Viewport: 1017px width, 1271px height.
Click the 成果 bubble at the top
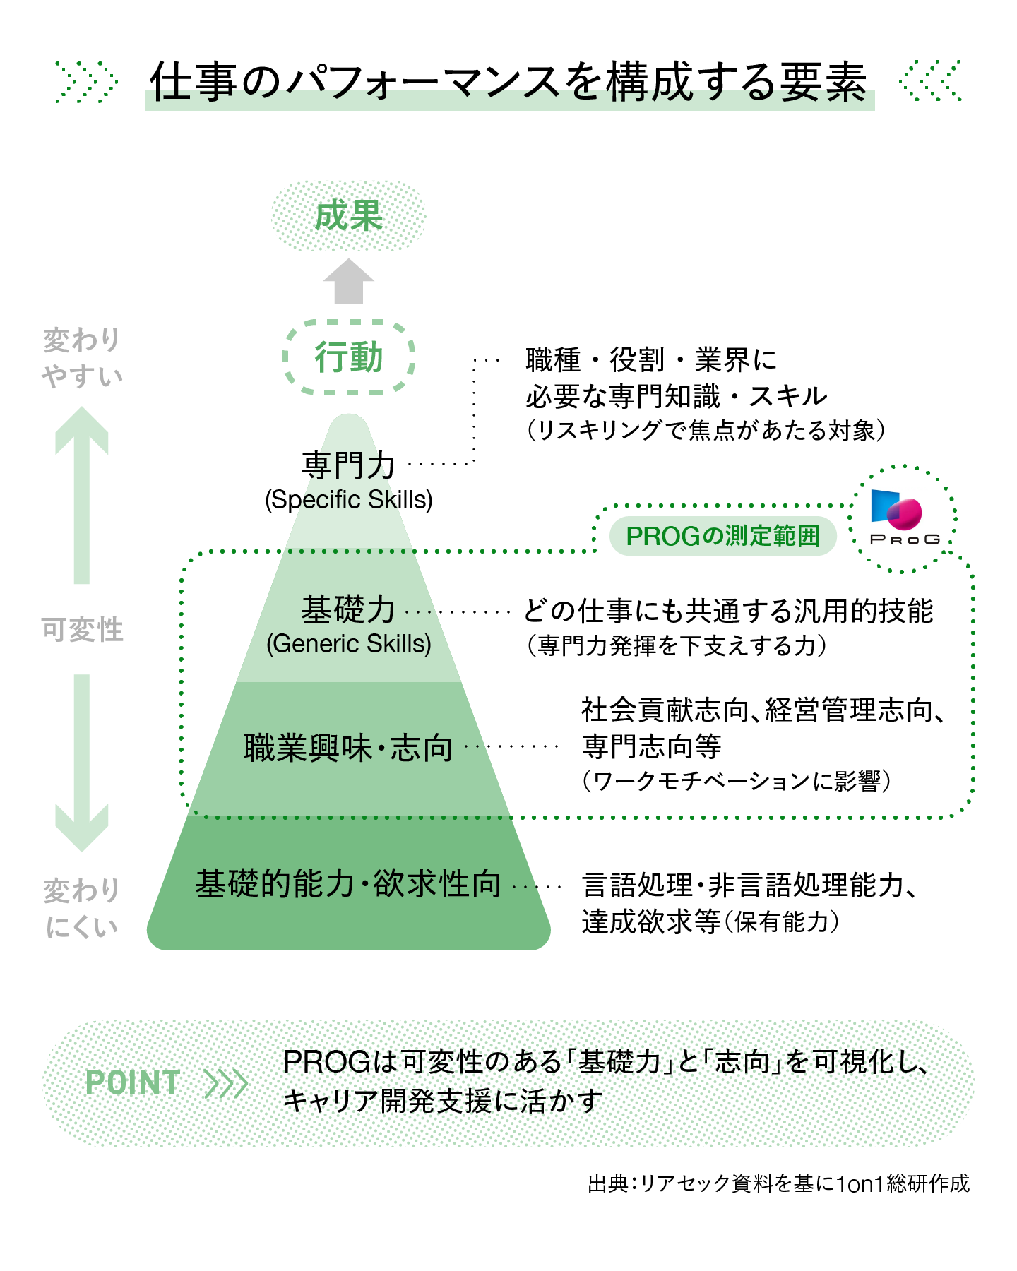click(x=349, y=216)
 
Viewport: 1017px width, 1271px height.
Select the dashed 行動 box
click(x=349, y=357)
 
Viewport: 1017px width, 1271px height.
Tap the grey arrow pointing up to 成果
click(x=349, y=282)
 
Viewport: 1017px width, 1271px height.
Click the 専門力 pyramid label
click(x=348, y=465)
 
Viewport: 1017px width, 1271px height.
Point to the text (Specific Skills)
click(x=348, y=500)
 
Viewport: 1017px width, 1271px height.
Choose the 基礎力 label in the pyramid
click(x=348, y=609)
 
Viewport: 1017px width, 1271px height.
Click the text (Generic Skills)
click(x=348, y=644)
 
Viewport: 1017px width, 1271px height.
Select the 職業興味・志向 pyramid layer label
click(x=348, y=748)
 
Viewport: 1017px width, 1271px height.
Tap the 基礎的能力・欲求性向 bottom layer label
click(x=348, y=883)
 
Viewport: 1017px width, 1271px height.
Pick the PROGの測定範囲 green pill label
click(x=722, y=536)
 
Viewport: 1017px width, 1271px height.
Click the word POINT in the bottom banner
click(x=133, y=1082)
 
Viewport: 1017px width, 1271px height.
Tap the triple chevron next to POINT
click(x=225, y=1083)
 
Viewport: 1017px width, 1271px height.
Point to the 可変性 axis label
click(x=82, y=629)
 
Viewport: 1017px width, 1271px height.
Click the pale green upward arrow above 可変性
click(x=82, y=494)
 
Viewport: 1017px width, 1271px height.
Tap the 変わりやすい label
click(x=82, y=358)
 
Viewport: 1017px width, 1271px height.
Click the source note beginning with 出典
click(x=778, y=1183)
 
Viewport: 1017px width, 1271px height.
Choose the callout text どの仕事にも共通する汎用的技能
click(x=728, y=611)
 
